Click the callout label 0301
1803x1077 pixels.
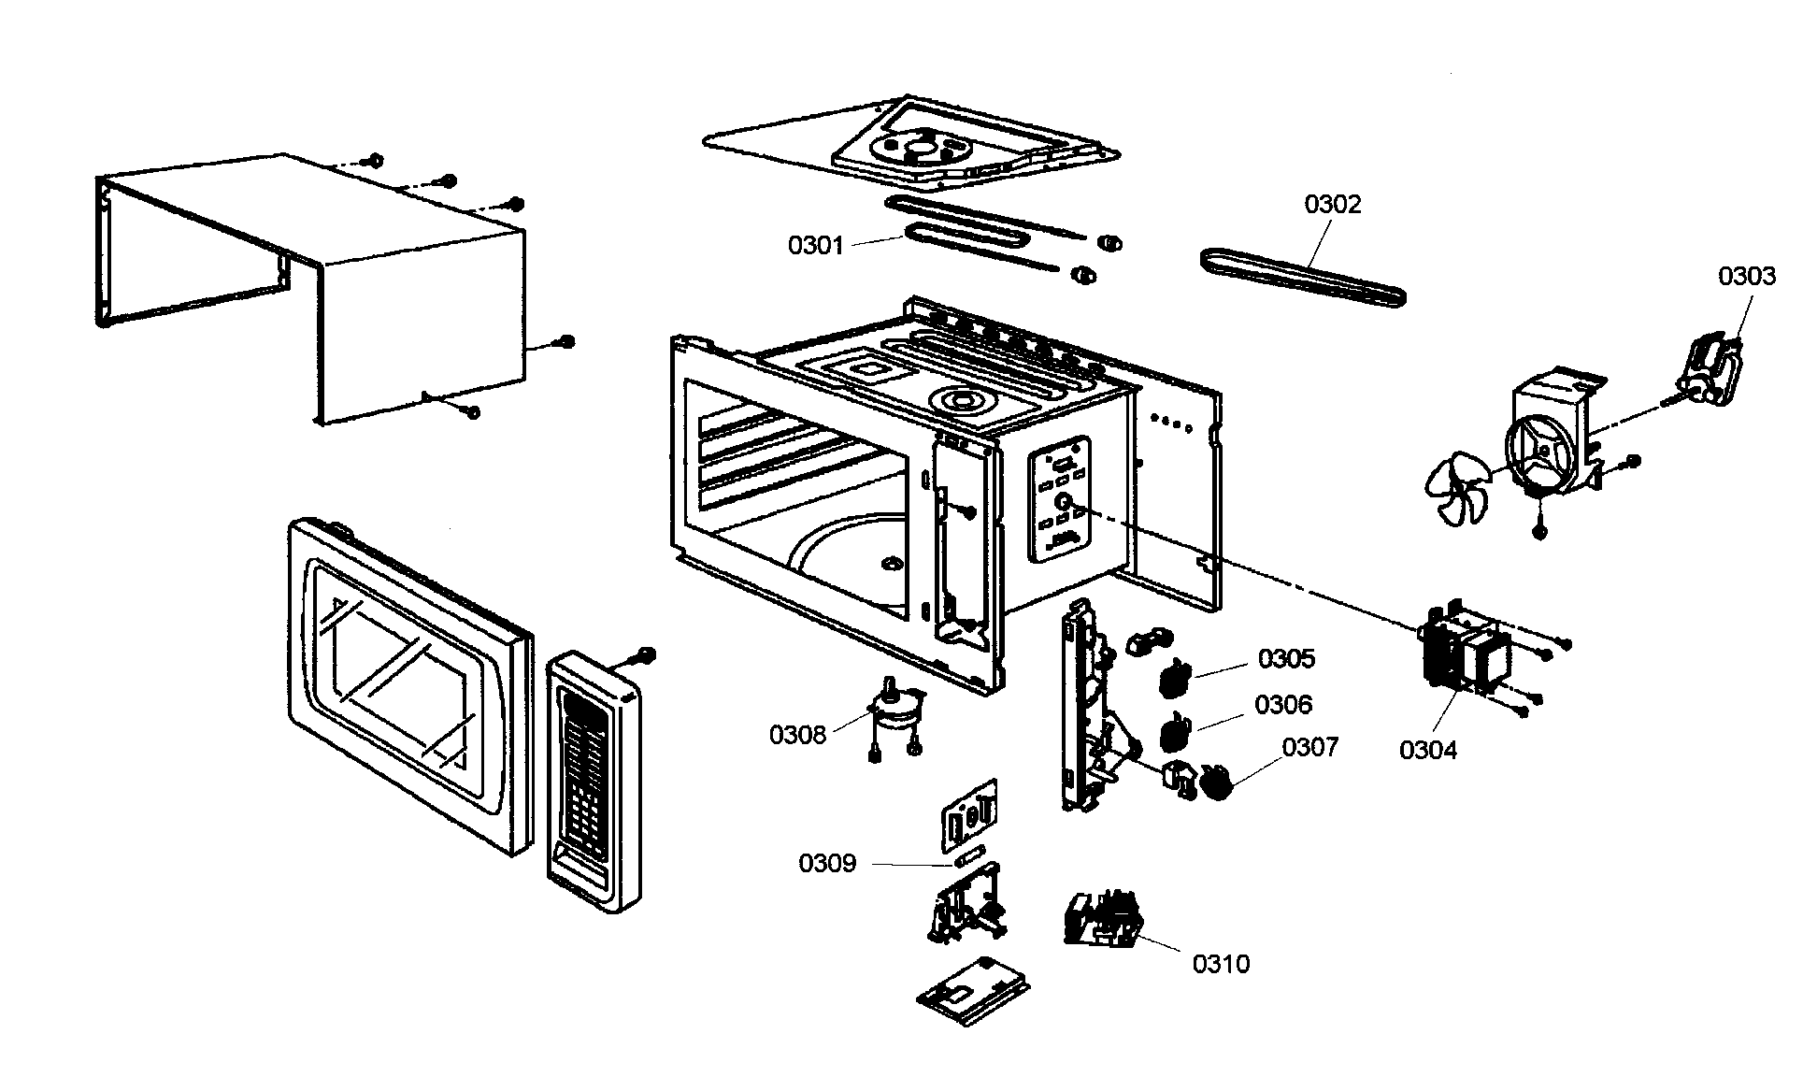(815, 246)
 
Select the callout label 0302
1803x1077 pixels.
(1332, 205)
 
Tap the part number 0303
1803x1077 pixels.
(1746, 276)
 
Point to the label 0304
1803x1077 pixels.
(1427, 750)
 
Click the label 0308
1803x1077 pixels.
(797, 735)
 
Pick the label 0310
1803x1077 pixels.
(1220, 964)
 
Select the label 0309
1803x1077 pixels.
(826, 863)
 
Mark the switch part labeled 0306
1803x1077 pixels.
(1174, 730)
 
